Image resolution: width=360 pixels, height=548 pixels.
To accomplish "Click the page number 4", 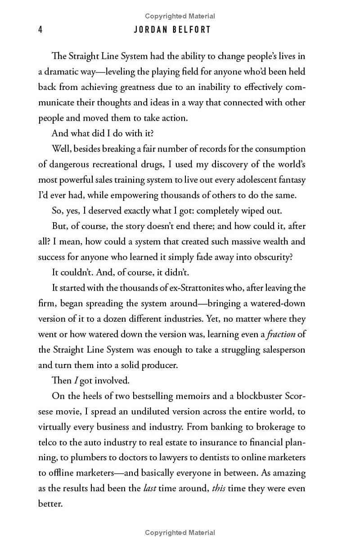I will pyautogui.click(x=40, y=30).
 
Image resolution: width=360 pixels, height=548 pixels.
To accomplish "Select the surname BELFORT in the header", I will pyautogui.click(x=194, y=30).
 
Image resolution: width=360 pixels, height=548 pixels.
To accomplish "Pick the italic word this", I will pyautogui.click(x=219, y=488).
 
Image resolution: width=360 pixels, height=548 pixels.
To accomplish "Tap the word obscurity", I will pyautogui.click(x=268, y=257).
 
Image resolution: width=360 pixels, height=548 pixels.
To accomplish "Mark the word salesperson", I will pyautogui.click(x=281, y=350).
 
